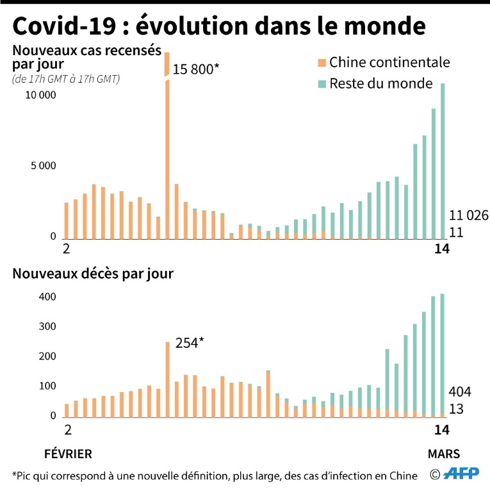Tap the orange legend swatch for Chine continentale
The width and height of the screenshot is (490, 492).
322,62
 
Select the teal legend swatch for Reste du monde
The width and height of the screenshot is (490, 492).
322,83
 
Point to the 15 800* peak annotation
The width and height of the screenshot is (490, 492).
196,69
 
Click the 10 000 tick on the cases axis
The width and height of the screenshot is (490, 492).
42,95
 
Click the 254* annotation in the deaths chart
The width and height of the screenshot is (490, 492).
190,342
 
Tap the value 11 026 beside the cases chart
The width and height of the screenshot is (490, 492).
468,216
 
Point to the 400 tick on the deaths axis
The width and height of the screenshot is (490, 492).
47,297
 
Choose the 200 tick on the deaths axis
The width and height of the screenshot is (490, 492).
47,357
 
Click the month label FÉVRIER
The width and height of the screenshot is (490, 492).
68,454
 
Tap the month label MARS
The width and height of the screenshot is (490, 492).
444,454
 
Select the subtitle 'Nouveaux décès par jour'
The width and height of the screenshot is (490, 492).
93,274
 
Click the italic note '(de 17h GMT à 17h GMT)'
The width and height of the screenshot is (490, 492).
66,79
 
